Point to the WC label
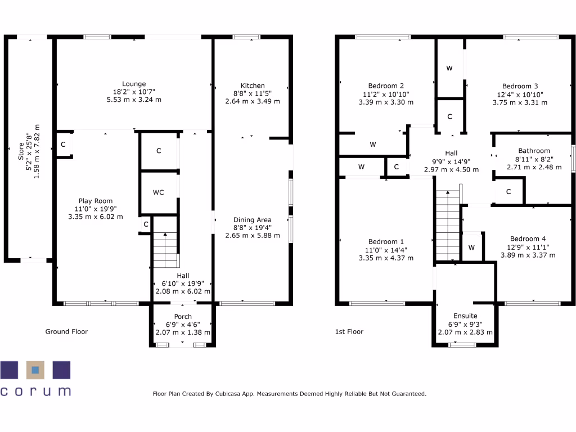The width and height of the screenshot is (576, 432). click(x=159, y=192)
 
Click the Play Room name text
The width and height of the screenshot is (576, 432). click(x=95, y=201)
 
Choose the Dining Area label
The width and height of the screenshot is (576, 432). click(x=253, y=220)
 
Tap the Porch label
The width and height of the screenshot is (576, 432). click(x=183, y=317)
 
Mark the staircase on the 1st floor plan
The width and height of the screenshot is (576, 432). click(x=448, y=225)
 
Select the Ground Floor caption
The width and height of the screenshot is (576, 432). click(x=66, y=332)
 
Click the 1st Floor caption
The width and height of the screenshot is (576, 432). click(x=349, y=332)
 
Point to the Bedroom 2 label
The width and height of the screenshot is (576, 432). click(x=386, y=86)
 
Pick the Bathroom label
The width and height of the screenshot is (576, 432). click(x=534, y=151)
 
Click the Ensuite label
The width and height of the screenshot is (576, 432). click(x=465, y=316)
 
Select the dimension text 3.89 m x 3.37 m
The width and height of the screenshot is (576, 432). click(x=528, y=255)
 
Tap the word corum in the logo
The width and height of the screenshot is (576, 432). click(x=36, y=390)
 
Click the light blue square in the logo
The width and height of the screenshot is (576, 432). click(x=35, y=370)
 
